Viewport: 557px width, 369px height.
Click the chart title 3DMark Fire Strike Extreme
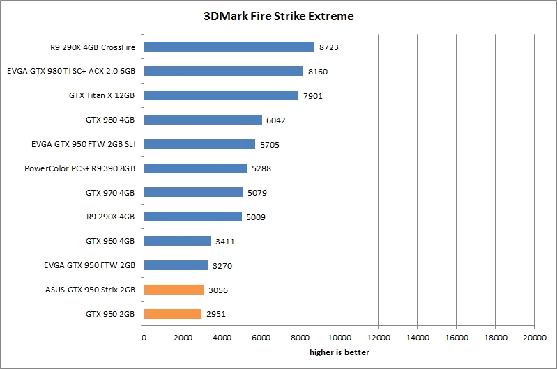278,16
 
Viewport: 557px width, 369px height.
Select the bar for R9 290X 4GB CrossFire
229,47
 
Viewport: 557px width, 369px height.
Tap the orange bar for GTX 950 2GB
172,314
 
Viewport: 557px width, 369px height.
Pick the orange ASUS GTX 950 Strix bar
174,290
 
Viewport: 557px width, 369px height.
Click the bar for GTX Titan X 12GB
221,95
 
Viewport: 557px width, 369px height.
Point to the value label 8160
318,72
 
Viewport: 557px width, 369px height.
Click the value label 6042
276,120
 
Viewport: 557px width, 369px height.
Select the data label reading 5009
256,217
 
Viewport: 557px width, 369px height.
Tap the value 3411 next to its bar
224,242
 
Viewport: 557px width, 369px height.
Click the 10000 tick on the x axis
339,338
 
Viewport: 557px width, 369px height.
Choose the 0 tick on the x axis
144,338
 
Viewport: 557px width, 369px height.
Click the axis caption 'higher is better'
339,352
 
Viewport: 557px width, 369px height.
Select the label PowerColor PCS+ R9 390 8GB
79,168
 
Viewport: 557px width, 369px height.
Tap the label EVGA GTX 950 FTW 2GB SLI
83,144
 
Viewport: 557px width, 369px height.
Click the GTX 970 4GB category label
110,193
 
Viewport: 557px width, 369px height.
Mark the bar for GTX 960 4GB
177,241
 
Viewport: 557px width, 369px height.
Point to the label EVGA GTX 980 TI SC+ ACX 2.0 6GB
70,71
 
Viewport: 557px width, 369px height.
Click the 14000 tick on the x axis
417,338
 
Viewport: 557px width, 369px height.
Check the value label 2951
215,315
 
